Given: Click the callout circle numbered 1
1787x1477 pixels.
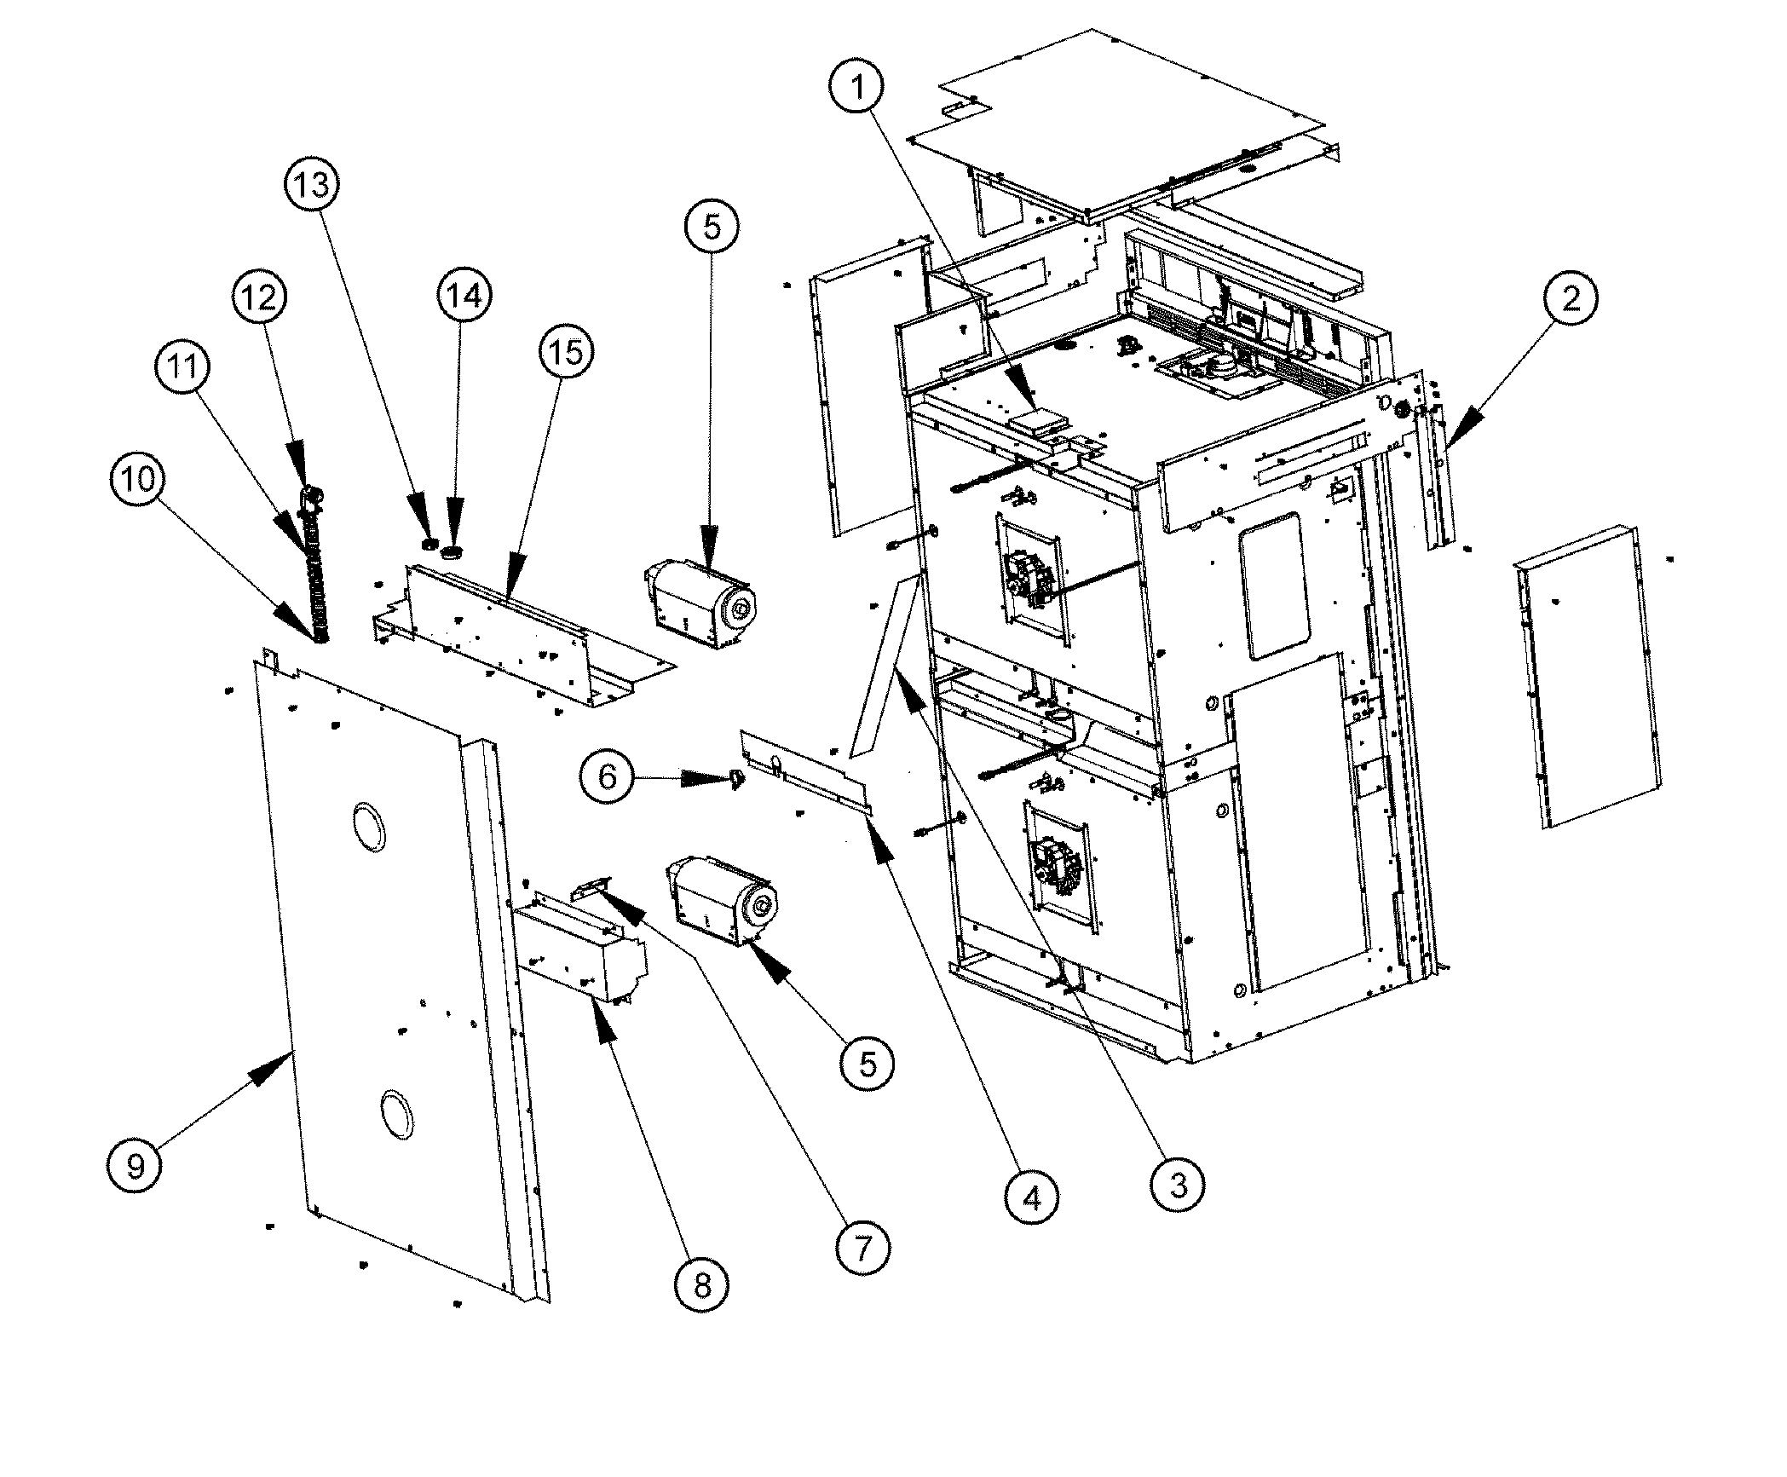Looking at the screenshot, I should (x=858, y=86).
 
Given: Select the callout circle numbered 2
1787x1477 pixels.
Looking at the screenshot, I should (x=1571, y=297).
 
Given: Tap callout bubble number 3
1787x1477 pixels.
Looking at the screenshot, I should (x=1178, y=1184).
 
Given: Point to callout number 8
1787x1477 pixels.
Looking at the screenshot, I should (x=702, y=1285).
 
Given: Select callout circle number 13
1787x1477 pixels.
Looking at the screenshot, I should (x=313, y=184).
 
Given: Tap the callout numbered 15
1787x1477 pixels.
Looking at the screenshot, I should (x=567, y=351).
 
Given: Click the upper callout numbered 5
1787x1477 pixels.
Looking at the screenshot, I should (x=712, y=227).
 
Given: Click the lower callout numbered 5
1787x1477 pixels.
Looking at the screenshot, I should (x=868, y=1063).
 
